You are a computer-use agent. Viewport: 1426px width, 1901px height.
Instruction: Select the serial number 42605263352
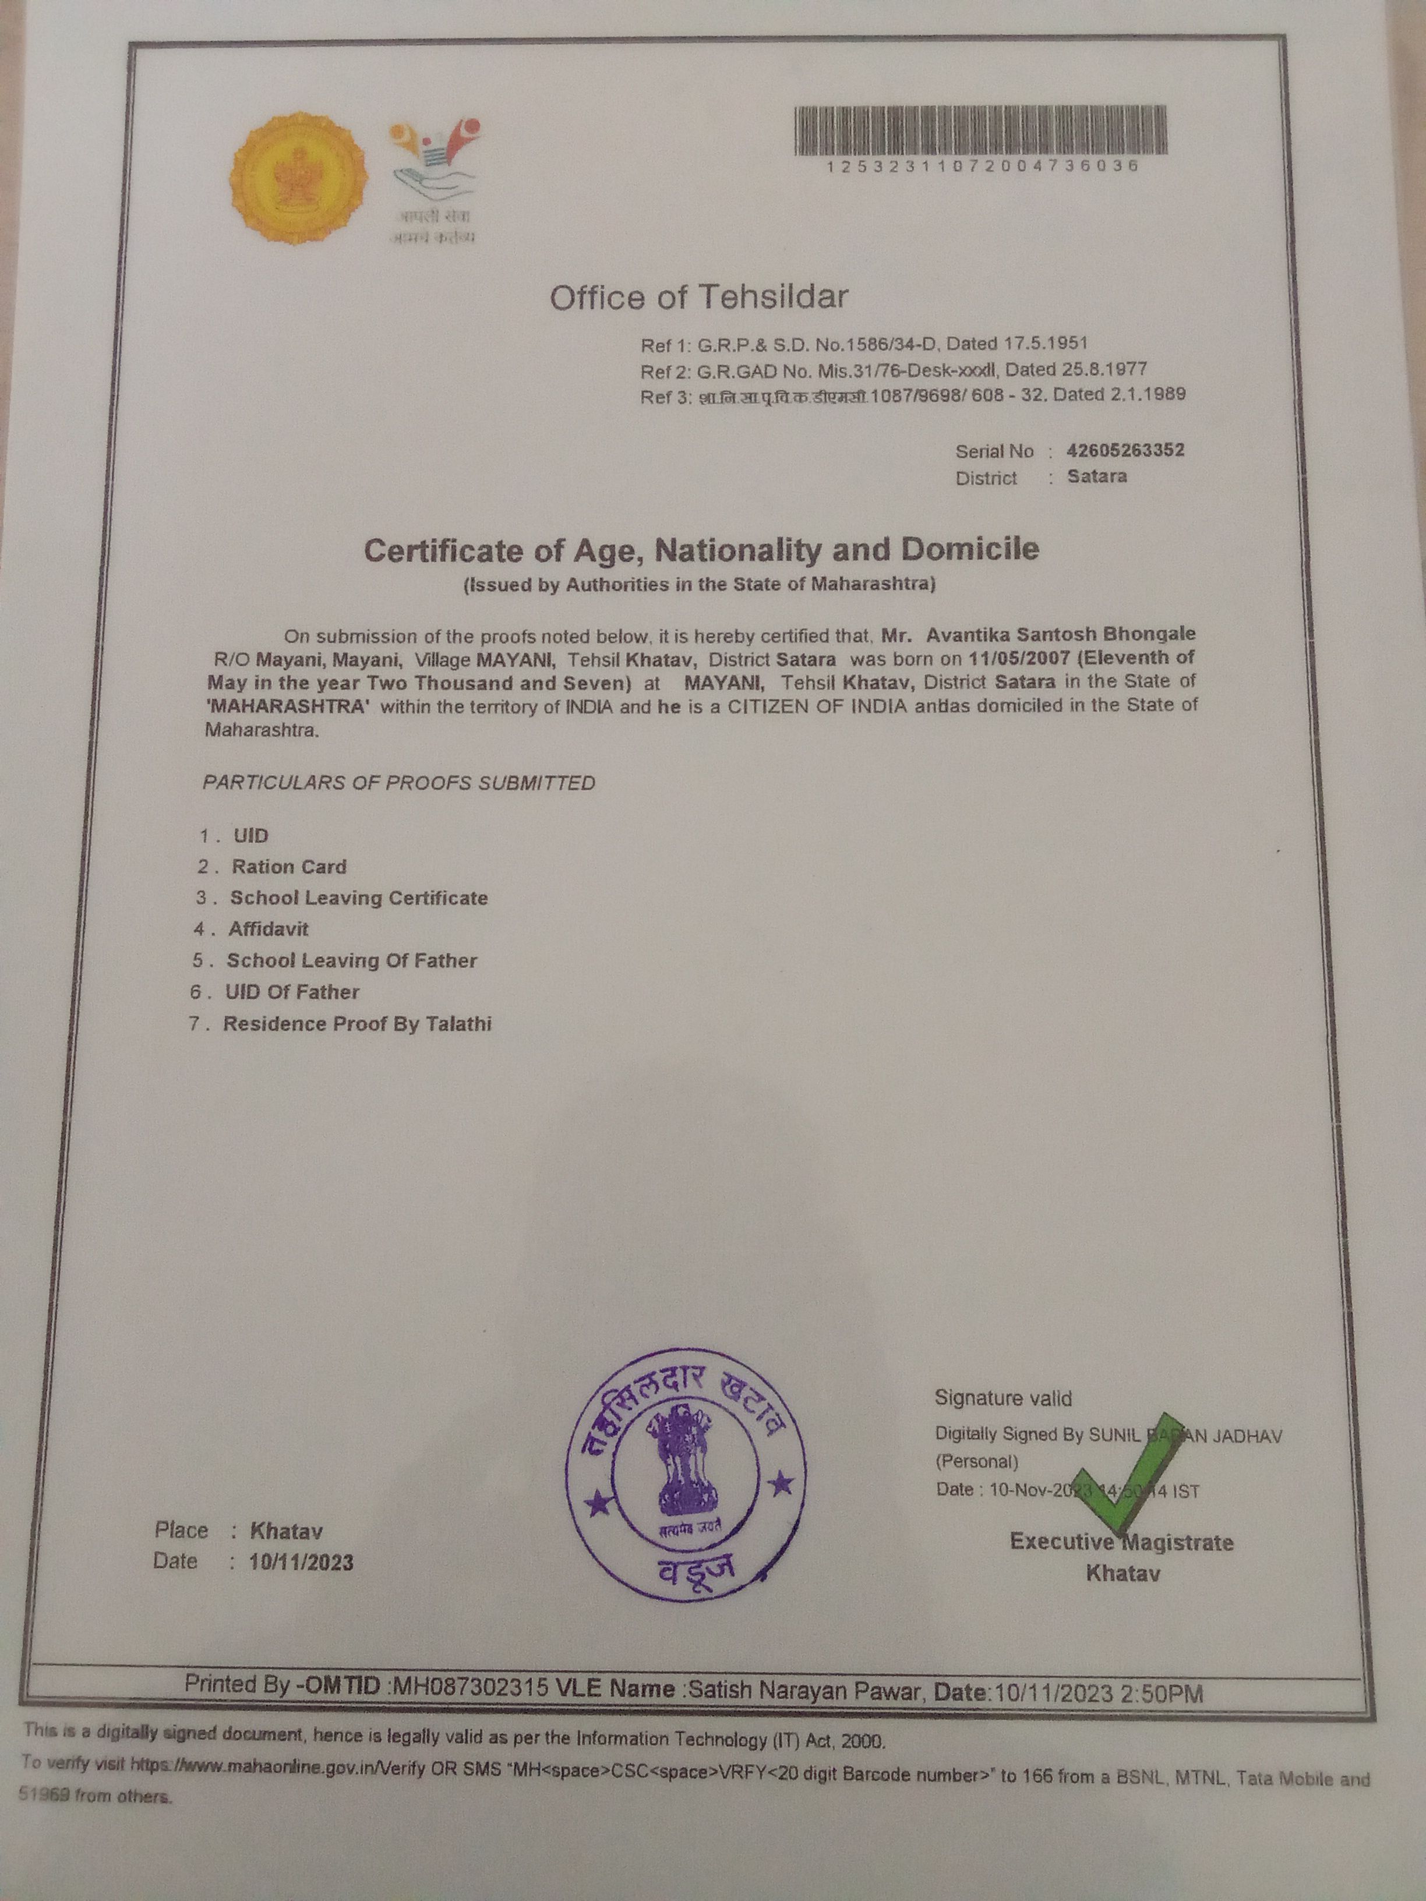tap(1125, 450)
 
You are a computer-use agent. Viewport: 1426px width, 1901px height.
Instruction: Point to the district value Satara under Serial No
tap(1097, 476)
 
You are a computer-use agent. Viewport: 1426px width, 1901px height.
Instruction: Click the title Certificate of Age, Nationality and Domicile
tap(701, 549)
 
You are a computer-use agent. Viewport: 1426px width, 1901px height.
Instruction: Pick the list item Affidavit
tap(268, 929)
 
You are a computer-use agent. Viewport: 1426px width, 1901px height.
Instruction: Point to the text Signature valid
tap(1003, 1398)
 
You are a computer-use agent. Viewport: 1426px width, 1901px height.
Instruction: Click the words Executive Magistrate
tap(1121, 1542)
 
